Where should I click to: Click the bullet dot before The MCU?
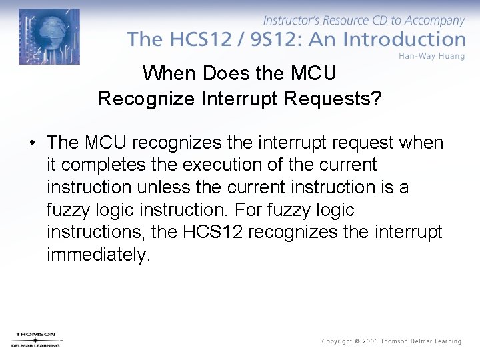tap(31, 143)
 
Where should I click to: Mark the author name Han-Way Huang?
tap(431, 56)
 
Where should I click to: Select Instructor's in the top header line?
tap(291, 21)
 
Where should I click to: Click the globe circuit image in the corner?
tap(49, 36)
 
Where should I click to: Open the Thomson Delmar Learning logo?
tap(36, 339)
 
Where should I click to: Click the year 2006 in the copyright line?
tap(370, 341)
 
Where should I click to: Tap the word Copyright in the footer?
tap(337, 341)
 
